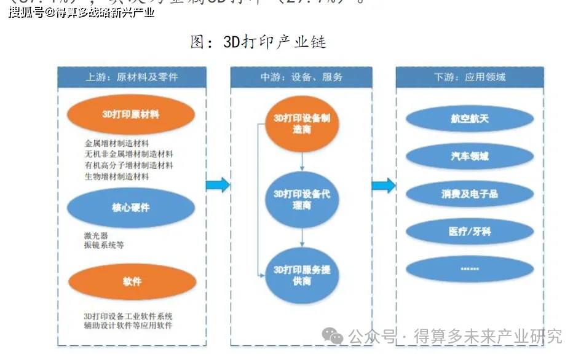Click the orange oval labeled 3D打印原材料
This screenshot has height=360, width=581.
click(x=131, y=114)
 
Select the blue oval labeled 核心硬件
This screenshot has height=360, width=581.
click(x=131, y=208)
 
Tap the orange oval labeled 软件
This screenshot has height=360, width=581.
click(x=132, y=281)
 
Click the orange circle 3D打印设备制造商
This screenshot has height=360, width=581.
click(x=301, y=123)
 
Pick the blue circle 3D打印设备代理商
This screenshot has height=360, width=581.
click(x=301, y=200)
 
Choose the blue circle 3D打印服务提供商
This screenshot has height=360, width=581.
click(x=301, y=275)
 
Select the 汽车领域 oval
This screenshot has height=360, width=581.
click(x=469, y=157)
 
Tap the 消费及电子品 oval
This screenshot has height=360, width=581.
click(x=469, y=194)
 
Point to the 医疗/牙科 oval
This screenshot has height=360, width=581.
click(x=469, y=232)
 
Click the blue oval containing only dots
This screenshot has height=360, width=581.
click(x=469, y=269)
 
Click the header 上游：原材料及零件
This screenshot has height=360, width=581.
click(x=132, y=77)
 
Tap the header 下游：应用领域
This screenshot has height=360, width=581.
click(x=469, y=77)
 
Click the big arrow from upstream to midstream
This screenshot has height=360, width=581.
click(x=217, y=185)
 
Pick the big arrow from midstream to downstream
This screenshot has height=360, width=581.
click(x=384, y=185)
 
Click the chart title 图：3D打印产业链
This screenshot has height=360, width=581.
click(x=258, y=42)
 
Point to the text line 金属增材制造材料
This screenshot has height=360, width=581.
click(x=117, y=144)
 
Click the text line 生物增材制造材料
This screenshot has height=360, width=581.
click(x=117, y=176)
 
